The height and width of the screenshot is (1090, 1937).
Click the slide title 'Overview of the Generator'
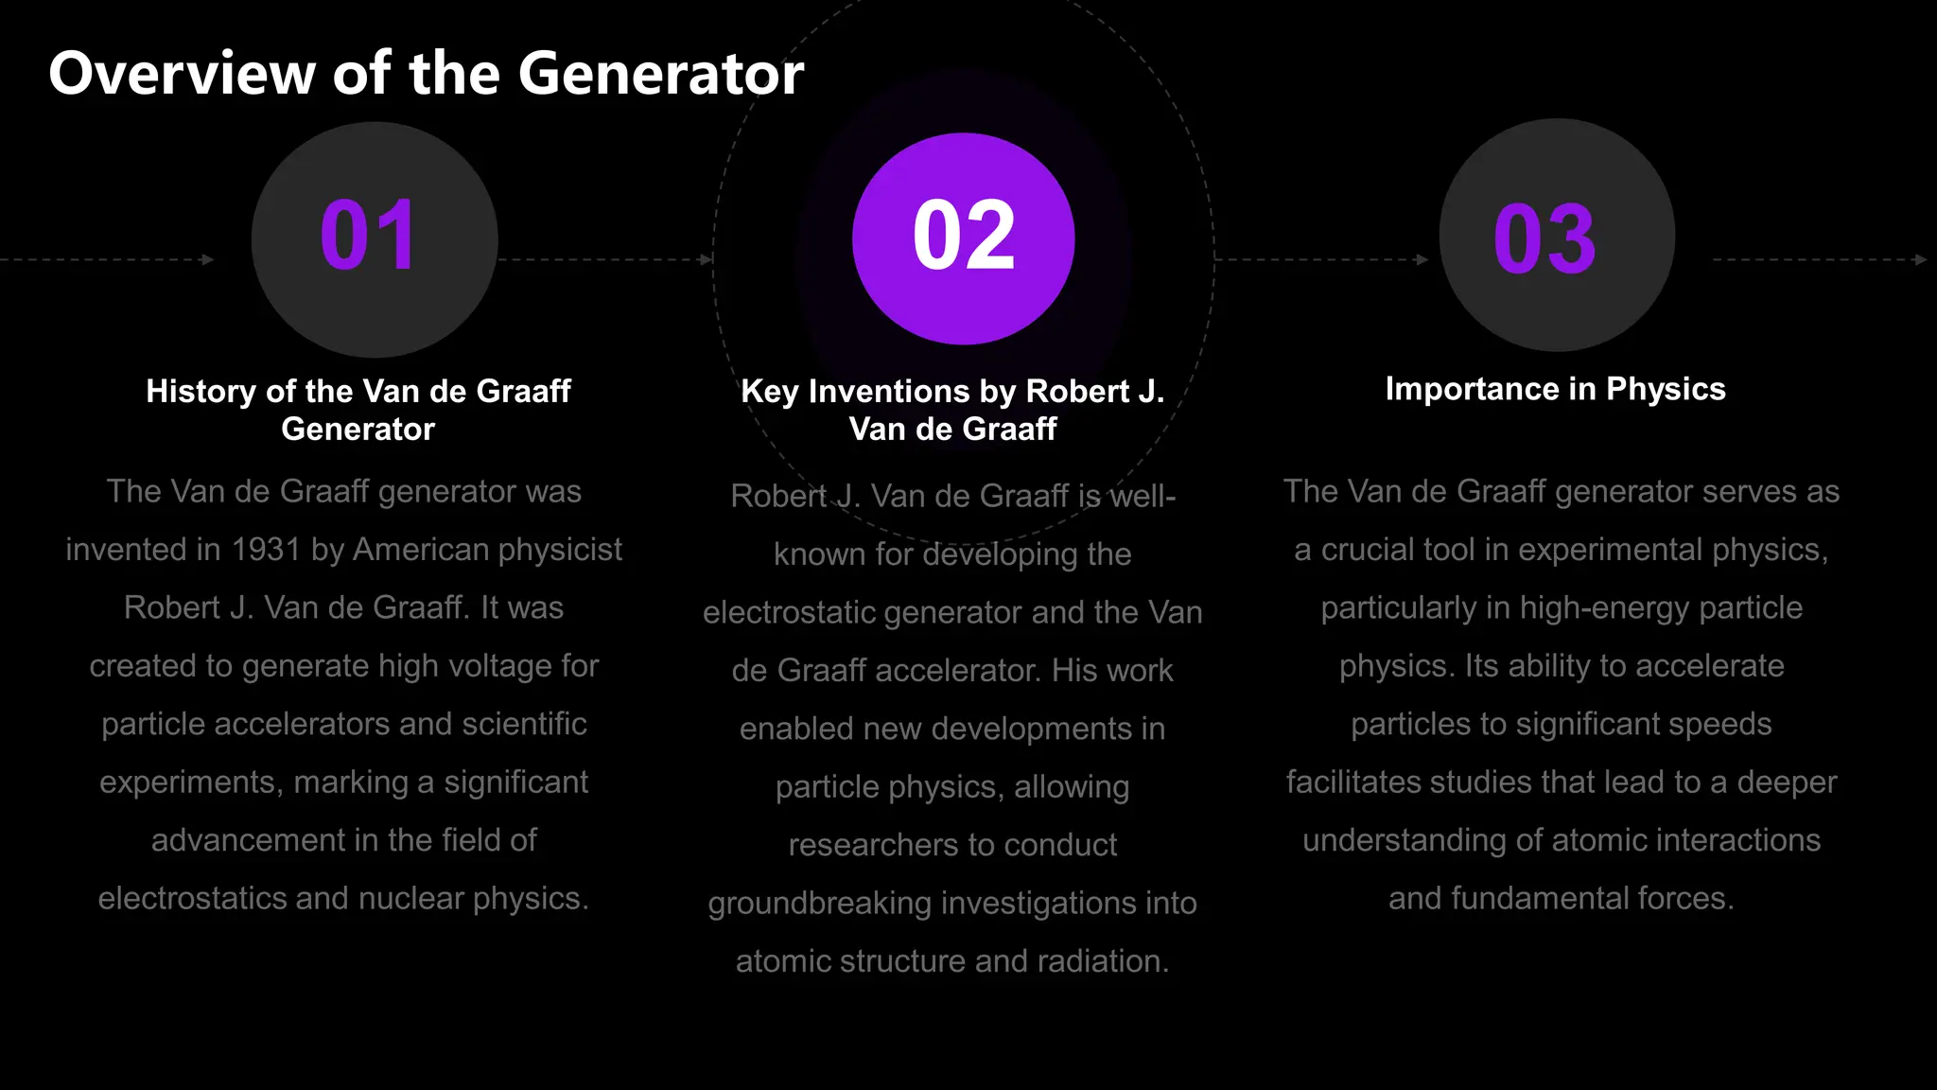point(426,74)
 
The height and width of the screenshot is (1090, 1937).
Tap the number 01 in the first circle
point(368,236)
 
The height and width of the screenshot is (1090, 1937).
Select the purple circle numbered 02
point(963,238)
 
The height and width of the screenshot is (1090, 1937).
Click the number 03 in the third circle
point(1544,239)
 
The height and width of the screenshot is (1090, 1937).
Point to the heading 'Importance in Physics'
point(1555,389)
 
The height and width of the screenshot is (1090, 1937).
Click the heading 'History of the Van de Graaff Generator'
point(358,410)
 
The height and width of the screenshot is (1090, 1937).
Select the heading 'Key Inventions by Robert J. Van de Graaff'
point(952,410)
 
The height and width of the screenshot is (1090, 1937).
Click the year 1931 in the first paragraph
point(266,550)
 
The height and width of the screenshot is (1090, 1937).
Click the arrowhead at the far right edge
point(1921,259)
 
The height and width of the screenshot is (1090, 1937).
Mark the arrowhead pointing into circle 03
point(1422,259)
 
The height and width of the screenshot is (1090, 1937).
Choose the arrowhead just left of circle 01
point(208,259)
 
